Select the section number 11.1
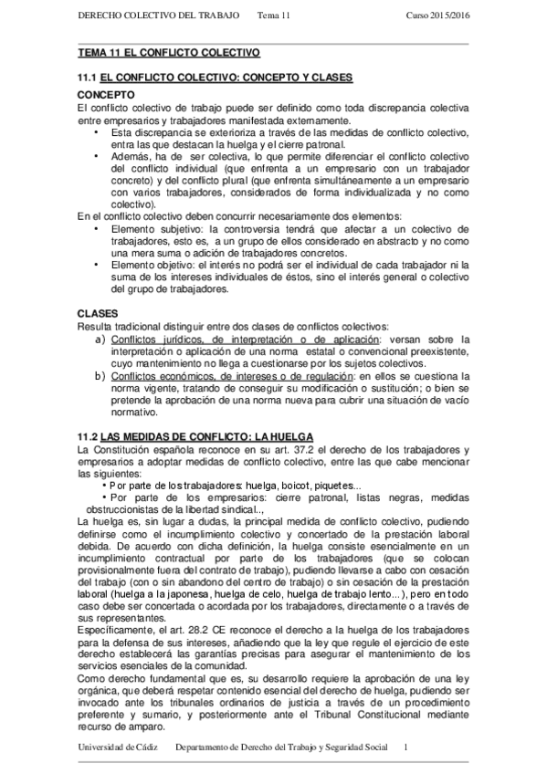tap(87, 79)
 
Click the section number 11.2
tap(87, 436)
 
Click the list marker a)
tap(101, 340)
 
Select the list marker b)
tap(101, 376)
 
